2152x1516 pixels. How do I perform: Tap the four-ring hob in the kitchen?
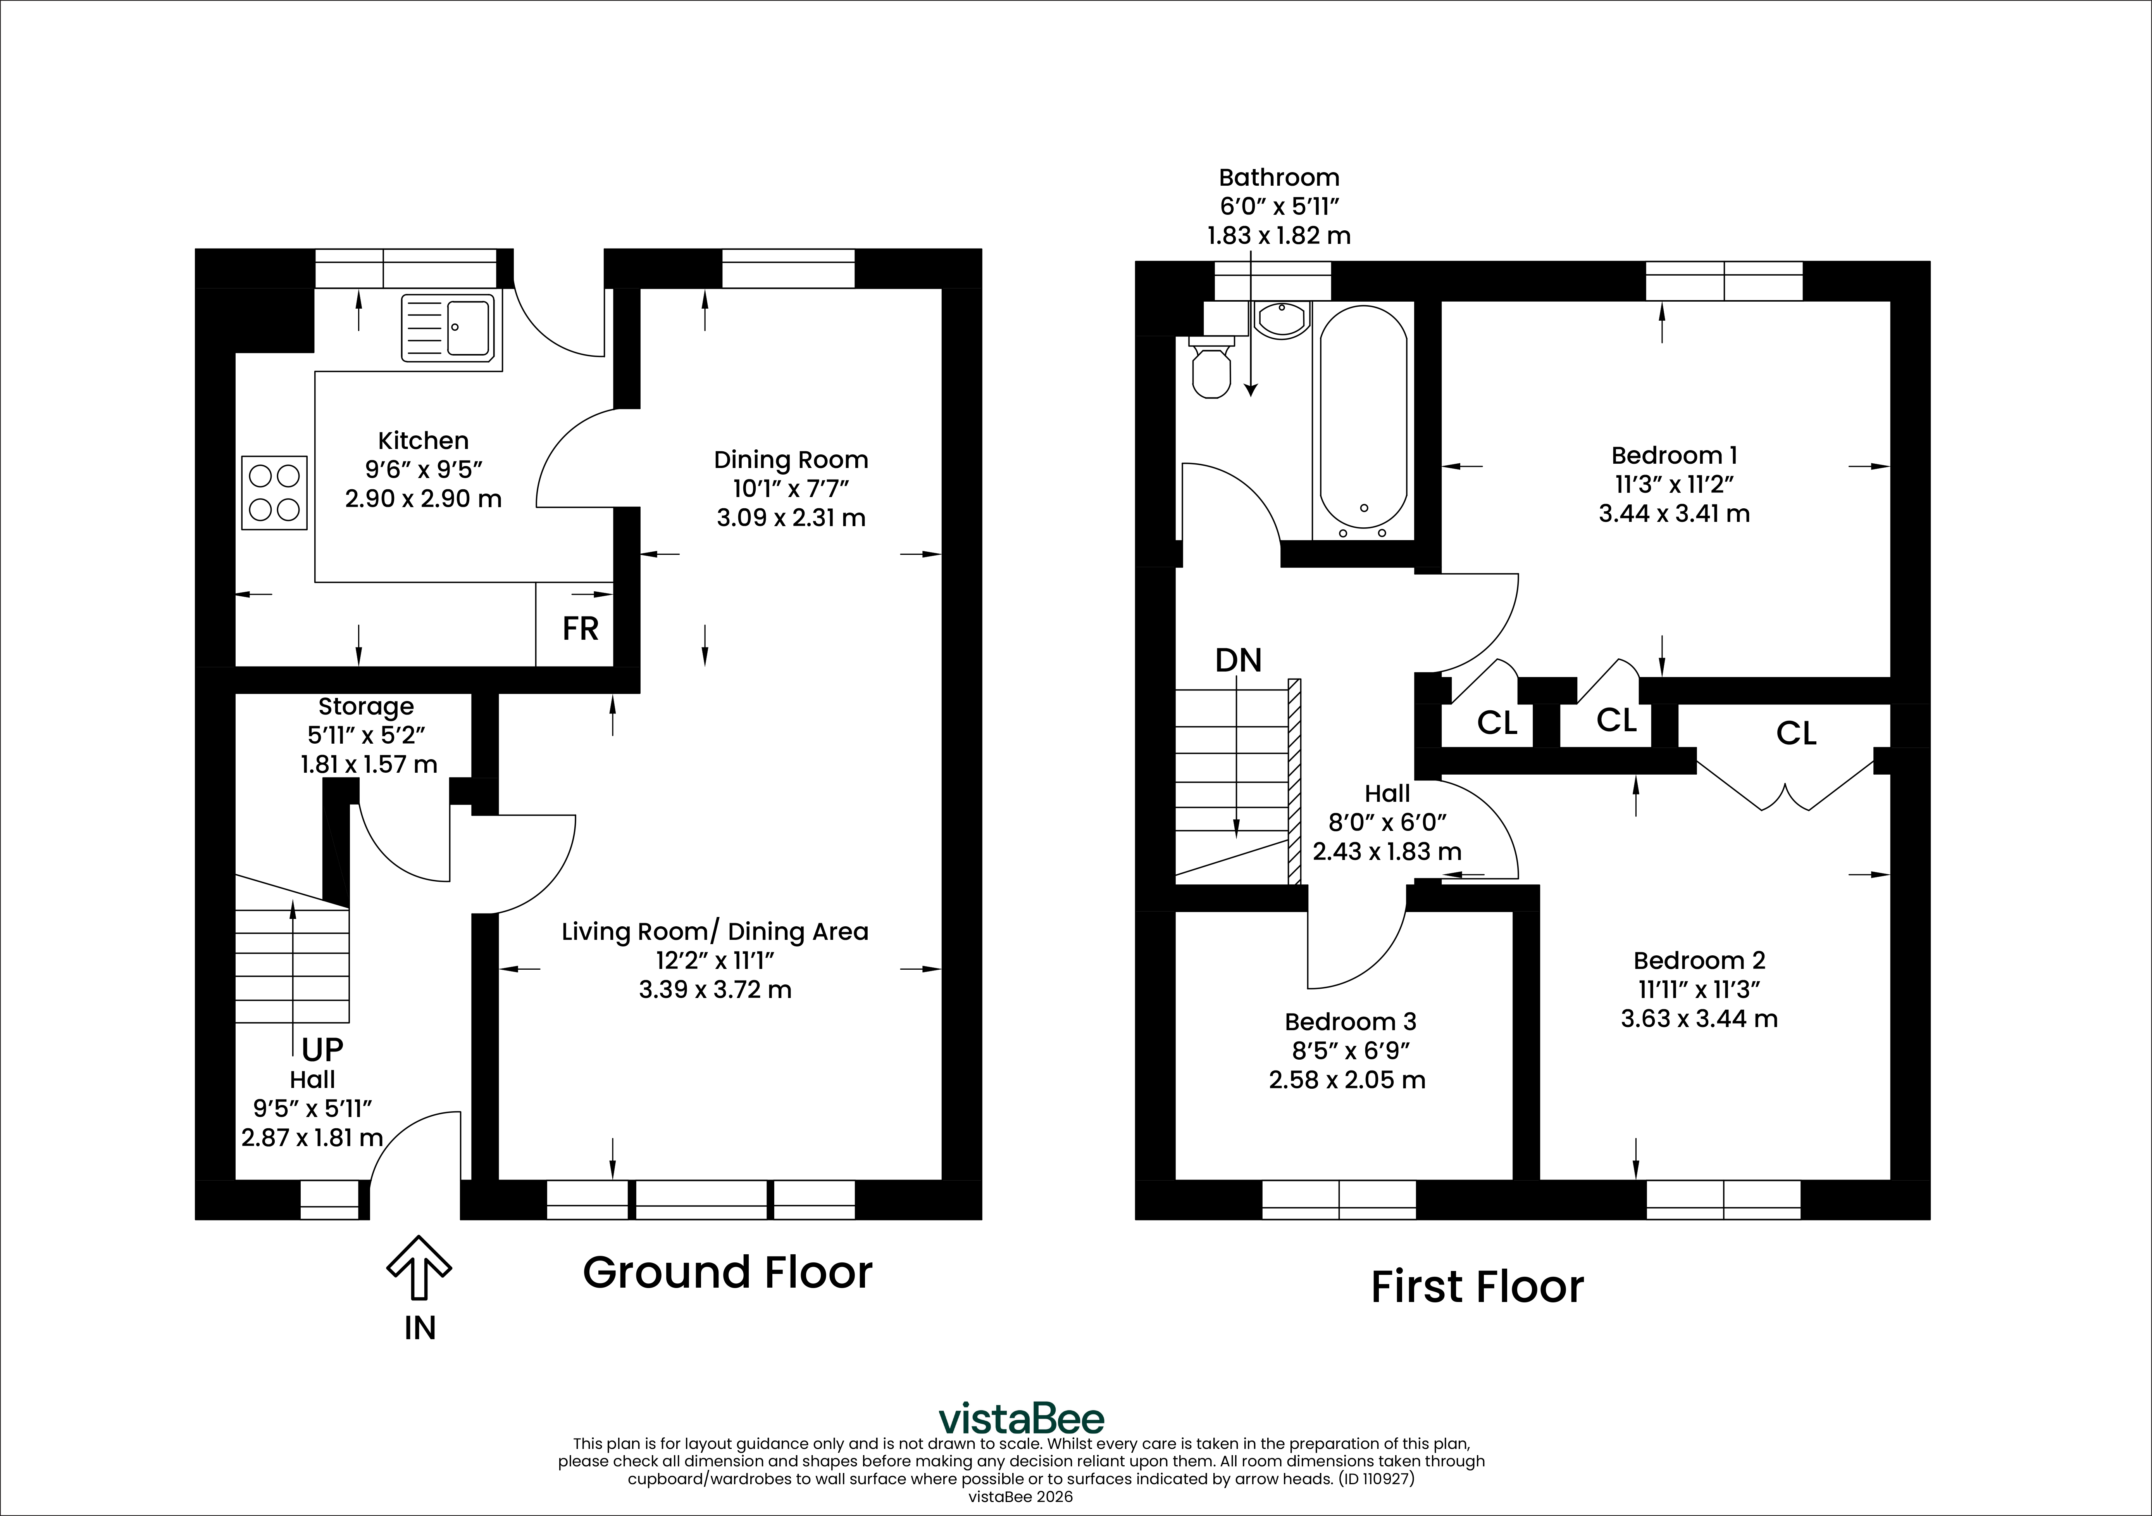[275, 492]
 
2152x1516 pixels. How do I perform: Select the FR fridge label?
[580, 628]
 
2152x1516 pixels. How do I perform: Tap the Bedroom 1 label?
[1674, 456]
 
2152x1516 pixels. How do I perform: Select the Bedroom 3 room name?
[1351, 1022]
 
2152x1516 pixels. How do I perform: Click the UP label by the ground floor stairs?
[322, 1049]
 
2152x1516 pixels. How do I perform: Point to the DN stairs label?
[1238, 661]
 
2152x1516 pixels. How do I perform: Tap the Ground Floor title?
[727, 1272]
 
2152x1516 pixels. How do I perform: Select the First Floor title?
[1477, 1287]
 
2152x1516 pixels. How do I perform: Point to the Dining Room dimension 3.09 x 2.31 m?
[791, 518]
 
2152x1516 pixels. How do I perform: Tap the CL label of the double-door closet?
[1796, 733]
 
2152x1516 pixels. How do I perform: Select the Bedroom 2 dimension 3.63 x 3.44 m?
[1699, 1018]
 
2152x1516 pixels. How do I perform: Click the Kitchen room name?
[423, 440]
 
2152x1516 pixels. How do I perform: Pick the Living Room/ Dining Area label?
[715, 932]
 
